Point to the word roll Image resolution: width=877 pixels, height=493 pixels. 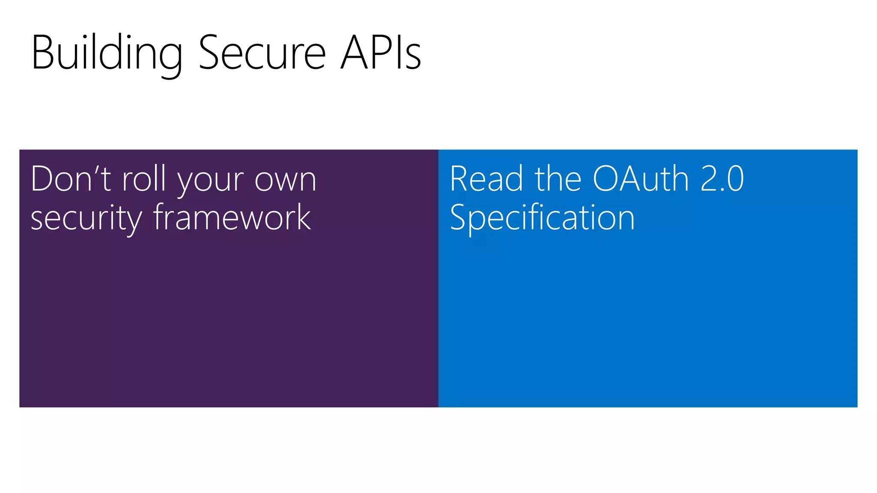coord(144,179)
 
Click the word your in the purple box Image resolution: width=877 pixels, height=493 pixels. coord(210,182)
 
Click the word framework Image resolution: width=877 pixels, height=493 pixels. coord(232,217)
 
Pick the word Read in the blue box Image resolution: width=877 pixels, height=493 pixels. coord(486,179)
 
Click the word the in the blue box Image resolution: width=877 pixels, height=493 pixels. coord(558,179)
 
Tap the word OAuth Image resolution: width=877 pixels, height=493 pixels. coord(641,179)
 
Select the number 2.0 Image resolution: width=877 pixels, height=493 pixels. coord(722,179)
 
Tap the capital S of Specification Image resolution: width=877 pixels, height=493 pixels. coord(458,217)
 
